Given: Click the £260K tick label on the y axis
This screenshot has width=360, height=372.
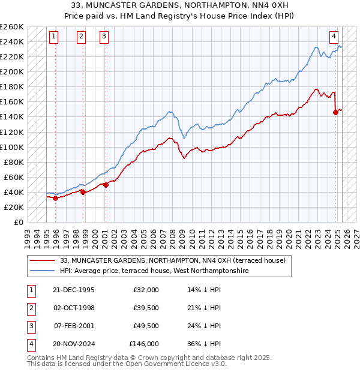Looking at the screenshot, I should click(x=12, y=27).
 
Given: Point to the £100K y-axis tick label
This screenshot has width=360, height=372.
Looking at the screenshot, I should click(x=12, y=147).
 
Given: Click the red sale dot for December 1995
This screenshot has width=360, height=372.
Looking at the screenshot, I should click(x=55, y=198).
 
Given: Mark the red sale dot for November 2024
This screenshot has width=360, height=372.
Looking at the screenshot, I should click(x=335, y=112).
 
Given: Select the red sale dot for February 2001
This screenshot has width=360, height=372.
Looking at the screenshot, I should click(x=106, y=185).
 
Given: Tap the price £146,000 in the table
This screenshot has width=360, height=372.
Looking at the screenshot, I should click(x=144, y=344).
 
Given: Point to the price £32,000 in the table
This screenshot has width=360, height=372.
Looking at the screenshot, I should click(x=146, y=290).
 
